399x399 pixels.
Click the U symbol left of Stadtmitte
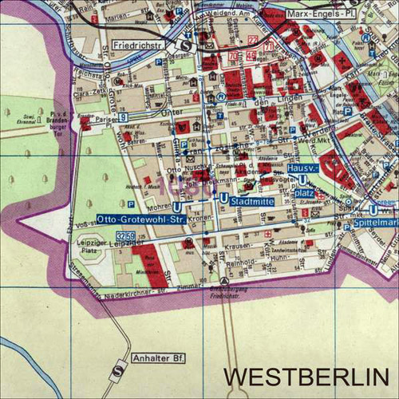click(223, 198)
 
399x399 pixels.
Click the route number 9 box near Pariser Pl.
click(124, 118)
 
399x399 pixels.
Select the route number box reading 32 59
click(124, 236)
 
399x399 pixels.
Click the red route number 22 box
click(254, 39)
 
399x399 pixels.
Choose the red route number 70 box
click(234, 57)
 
